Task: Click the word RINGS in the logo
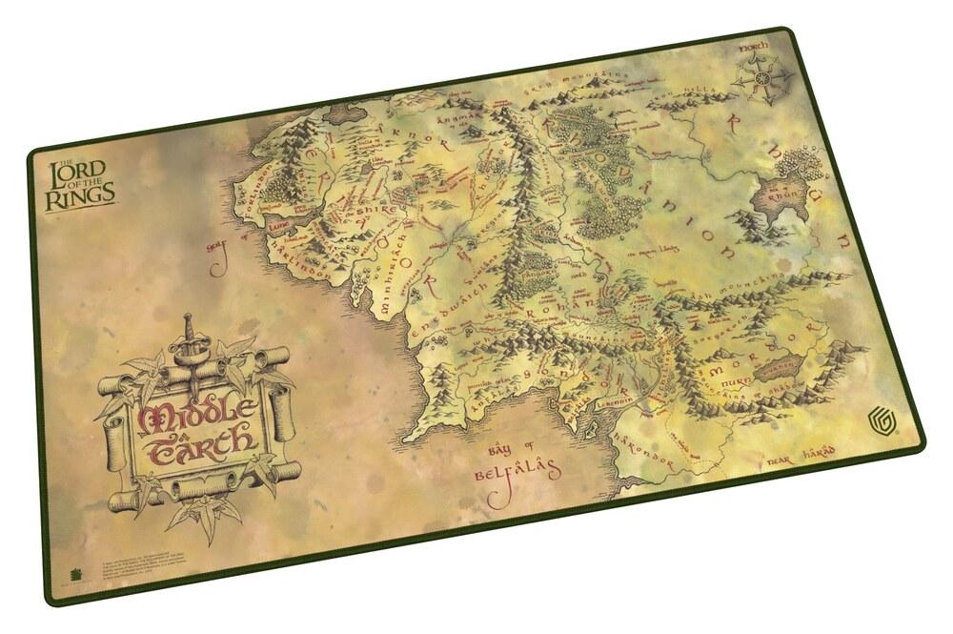point(88,193)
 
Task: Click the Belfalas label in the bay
point(517,471)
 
